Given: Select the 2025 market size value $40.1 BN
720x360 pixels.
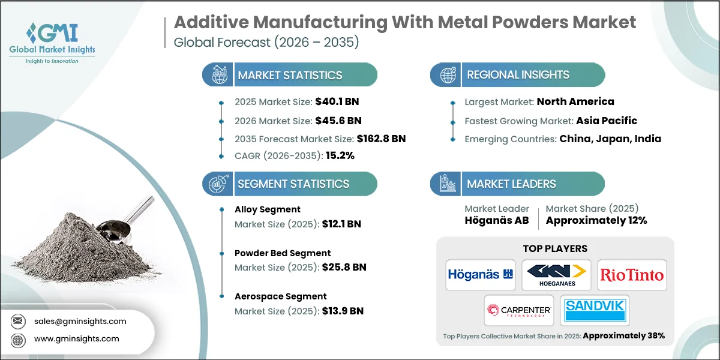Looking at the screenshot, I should tap(337, 101).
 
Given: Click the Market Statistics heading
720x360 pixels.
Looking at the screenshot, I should tap(290, 75).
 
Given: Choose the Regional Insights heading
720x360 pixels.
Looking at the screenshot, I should tap(518, 75).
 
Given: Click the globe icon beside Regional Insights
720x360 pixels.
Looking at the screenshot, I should tap(448, 75).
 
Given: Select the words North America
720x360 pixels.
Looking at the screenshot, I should tap(575, 101).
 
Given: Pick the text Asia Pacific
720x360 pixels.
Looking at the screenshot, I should tap(607, 120).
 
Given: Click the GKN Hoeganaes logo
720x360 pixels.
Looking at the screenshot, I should tap(556, 275).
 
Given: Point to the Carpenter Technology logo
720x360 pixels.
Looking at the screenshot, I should tap(518, 310).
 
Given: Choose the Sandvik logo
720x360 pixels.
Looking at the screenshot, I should tap(595, 310).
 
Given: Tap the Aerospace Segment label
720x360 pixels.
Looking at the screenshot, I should tap(280, 296).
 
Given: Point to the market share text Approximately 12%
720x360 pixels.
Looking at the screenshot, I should tap(596, 220).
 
